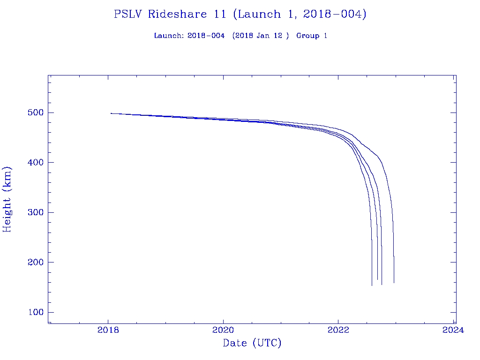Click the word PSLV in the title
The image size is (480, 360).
128,14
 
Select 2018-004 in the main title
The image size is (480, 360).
334,14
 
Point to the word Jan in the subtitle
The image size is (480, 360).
263,36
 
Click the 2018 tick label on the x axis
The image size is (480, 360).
108,330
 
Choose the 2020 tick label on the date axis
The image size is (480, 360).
224,330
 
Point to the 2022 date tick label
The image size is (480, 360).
338,330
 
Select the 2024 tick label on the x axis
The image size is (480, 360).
453,330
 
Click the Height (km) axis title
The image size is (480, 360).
7,199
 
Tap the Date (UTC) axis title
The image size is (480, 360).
252,343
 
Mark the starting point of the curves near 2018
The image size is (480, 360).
111,113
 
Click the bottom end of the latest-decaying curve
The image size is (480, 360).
394,282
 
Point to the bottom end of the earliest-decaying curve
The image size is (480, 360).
372,285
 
